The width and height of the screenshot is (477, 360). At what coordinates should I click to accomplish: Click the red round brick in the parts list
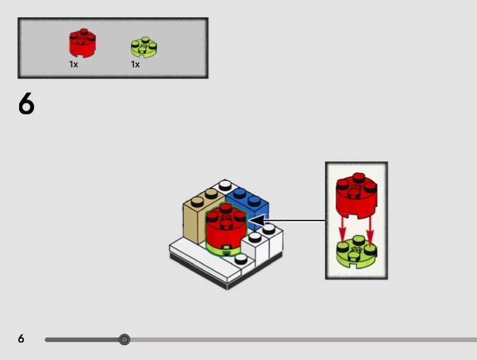82,43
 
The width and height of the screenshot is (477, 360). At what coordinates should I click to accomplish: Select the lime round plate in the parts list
144,48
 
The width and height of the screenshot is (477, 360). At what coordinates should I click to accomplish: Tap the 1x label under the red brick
73,64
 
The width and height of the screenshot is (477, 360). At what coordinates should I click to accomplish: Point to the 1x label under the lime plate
135,64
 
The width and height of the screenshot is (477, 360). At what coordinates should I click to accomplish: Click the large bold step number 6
26,105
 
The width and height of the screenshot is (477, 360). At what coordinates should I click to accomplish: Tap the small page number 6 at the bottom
21,339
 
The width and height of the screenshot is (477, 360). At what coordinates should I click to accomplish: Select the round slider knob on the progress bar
124,340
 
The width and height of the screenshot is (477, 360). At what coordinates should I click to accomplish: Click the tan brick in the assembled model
194,221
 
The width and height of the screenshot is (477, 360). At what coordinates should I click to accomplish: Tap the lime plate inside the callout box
356,253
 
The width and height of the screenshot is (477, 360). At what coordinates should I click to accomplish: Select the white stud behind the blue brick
225,184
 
